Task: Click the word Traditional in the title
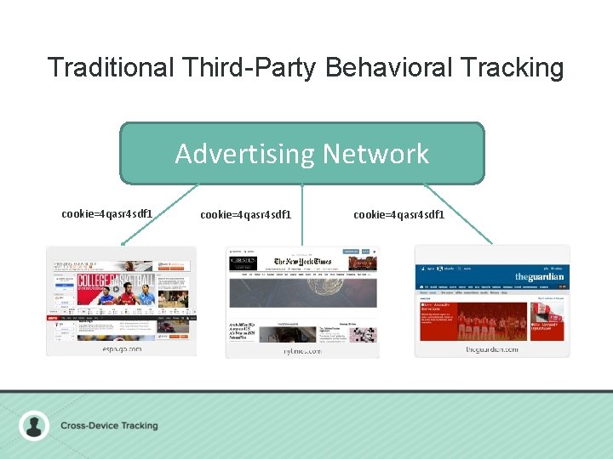tap(109, 68)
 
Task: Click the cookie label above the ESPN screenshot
tap(107, 213)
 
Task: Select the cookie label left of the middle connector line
tap(245, 214)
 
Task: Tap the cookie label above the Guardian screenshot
tap(398, 214)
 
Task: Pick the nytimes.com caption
tap(302, 350)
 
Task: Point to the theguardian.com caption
tap(492, 348)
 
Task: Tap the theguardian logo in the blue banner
tap(538, 277)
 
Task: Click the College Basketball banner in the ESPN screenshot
tap(115, 285)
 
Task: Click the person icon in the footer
tap(34, 425)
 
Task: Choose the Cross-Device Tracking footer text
tap(109, 425)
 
